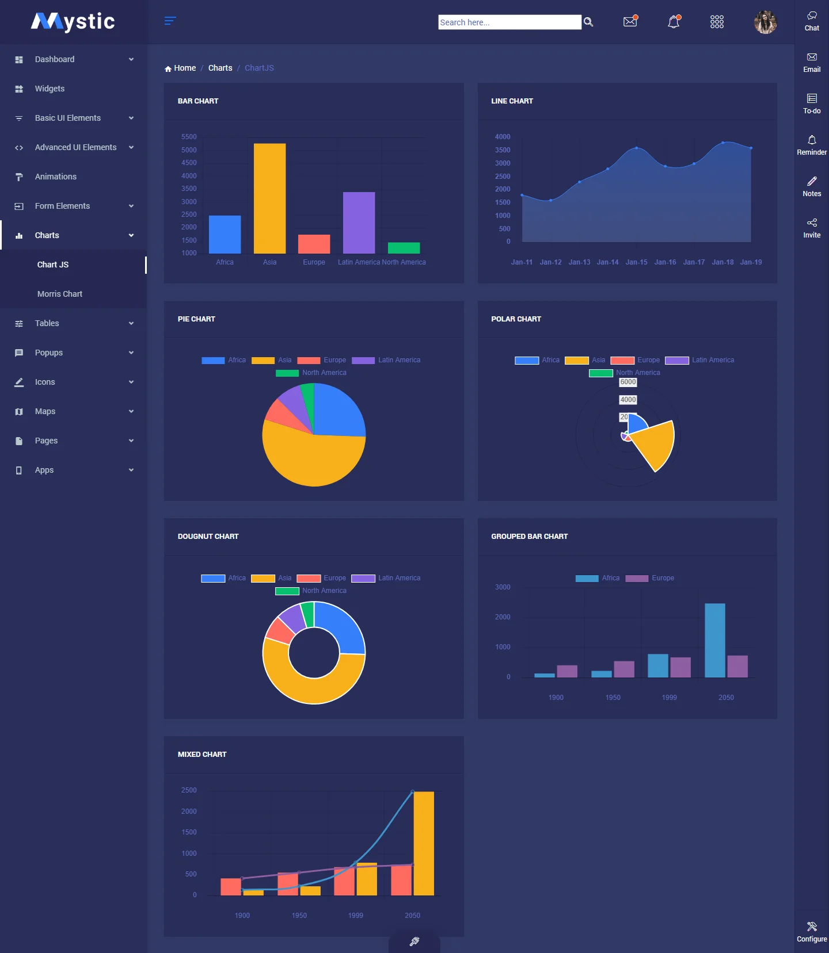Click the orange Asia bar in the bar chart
(269, 198)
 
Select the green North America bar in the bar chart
(404, 248)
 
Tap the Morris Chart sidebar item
(60, 294)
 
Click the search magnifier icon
(588, 22)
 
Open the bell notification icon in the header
(674, 22)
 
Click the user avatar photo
(765, 22)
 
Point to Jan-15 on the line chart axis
(636, 262)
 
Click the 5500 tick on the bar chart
(189, 137)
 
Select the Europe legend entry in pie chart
(322, 360)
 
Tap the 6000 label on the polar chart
(628, 382)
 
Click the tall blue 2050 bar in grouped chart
(714, 640)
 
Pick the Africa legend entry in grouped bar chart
(598, 578)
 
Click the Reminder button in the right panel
(812, 145)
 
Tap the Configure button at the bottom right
(812, 932)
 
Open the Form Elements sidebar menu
(62, 206)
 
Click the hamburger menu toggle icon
(170, 21)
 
